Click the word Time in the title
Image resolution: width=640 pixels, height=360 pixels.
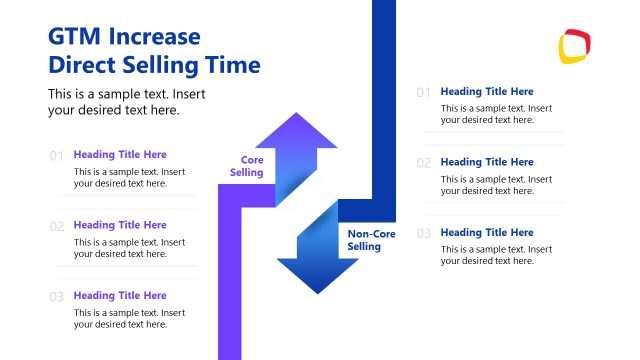tap(233, 66)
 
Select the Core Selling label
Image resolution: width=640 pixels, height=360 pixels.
tap(247, 166)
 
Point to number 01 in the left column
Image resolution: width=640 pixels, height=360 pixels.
tap(56, 156)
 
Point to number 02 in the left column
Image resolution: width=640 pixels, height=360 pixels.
tap(56, 226)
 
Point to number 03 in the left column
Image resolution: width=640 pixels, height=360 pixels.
tap(56, 297)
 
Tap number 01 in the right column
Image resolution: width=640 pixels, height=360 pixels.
tap(423, 93)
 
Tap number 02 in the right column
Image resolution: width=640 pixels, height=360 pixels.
tap(423, 163)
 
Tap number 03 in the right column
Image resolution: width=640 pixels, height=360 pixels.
tap(423, 234)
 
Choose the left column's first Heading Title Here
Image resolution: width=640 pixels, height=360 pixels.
tap(120, 155)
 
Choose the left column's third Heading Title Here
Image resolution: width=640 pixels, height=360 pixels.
tap(120, 296)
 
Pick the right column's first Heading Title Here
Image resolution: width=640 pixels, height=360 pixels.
tap(487, 91)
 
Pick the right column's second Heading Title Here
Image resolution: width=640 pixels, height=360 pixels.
tap(487, 162)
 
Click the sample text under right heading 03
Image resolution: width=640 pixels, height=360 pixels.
tap(496, 254)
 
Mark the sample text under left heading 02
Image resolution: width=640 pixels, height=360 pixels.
tap(129, 248)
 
